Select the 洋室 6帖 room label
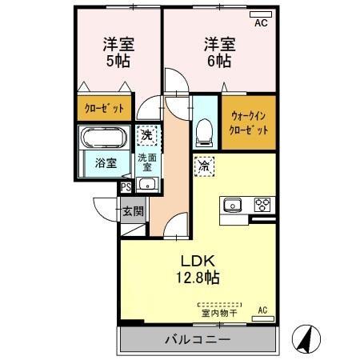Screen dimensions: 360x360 tap(218, 53)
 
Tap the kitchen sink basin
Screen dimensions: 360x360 tap(234, 203)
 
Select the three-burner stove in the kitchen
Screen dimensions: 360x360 tap(262, 203)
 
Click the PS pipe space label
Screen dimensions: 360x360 tap(126, 189)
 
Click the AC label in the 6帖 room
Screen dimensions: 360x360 tap(261, 23)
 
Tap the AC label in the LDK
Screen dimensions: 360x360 tap(262, 310)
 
